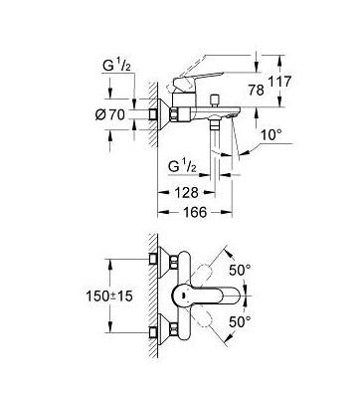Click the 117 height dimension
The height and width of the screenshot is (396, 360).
tap(280, 82)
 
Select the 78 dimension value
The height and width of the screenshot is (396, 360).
tap(257, 90)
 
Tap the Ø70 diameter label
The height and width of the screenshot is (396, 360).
tap(110, 114)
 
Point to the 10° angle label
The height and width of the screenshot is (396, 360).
tap(270, 135)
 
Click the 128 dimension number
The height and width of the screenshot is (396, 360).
tap(187, 192)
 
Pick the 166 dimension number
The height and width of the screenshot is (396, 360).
tap(195, 212)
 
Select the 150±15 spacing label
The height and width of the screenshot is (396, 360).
tap(109, 296)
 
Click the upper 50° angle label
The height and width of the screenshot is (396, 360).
tap(241, 271)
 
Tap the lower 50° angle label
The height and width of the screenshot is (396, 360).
tap(241, 321)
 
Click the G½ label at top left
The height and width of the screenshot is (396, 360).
tap(116, 67)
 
